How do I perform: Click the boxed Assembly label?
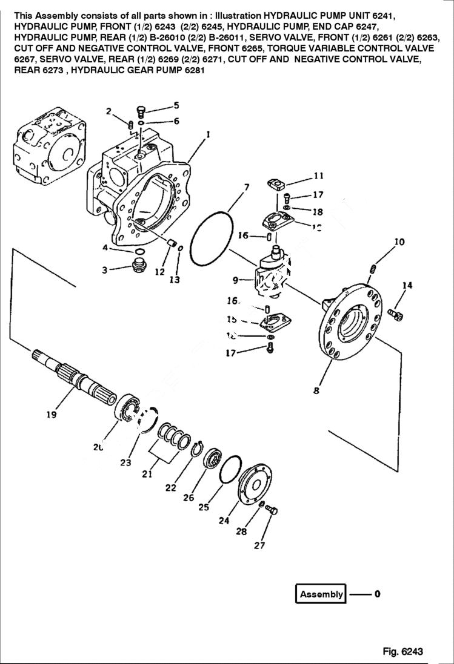[321, 594]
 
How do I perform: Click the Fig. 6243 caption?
[402, 651]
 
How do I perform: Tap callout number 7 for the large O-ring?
[247, 188]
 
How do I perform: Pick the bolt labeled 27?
[272, 511]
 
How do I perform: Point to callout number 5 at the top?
[176, 105]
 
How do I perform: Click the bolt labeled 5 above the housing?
[140, 111]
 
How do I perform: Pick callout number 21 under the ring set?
[147, 474]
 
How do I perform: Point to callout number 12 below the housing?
[159, 272]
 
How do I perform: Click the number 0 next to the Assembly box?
[377, 594]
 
